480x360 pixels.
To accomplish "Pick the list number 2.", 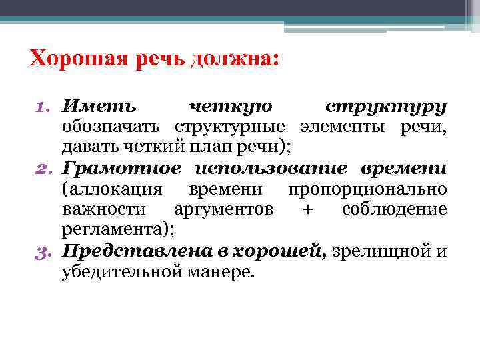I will pyautogui.click(x=41, y=167).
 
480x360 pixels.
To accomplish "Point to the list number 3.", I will pyautogui.click(x=41, y=252).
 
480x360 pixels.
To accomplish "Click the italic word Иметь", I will pyautogui.click(x=99, y=107).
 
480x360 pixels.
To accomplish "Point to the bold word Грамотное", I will pyautogui.click(x=121, y=167).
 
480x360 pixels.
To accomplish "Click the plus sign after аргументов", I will pyautogui.click(x=307, y=210).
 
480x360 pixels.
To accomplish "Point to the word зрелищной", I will pyautogui.click(x=379, y=251).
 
